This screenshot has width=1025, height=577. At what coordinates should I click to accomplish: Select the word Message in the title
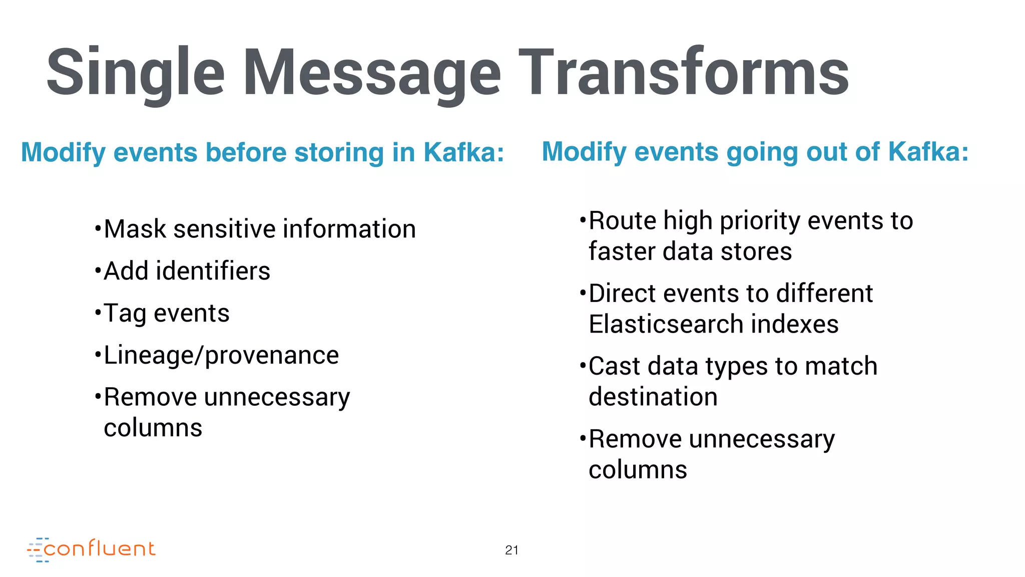[371, 73]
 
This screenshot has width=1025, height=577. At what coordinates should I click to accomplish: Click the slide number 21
[511, 550]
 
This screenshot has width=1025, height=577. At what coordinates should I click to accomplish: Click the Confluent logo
[92, 549]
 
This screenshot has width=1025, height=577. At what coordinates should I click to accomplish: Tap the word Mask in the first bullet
[135, 229]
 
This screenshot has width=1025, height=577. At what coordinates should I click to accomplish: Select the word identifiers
[213, 271]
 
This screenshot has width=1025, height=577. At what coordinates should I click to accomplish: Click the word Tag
[125, 314]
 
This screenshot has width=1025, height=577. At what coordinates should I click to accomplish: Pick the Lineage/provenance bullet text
[221, 356]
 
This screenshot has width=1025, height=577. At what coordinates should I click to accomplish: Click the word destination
[653, 397]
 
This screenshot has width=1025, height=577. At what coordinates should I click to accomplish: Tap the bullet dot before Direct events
[583, 293]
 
